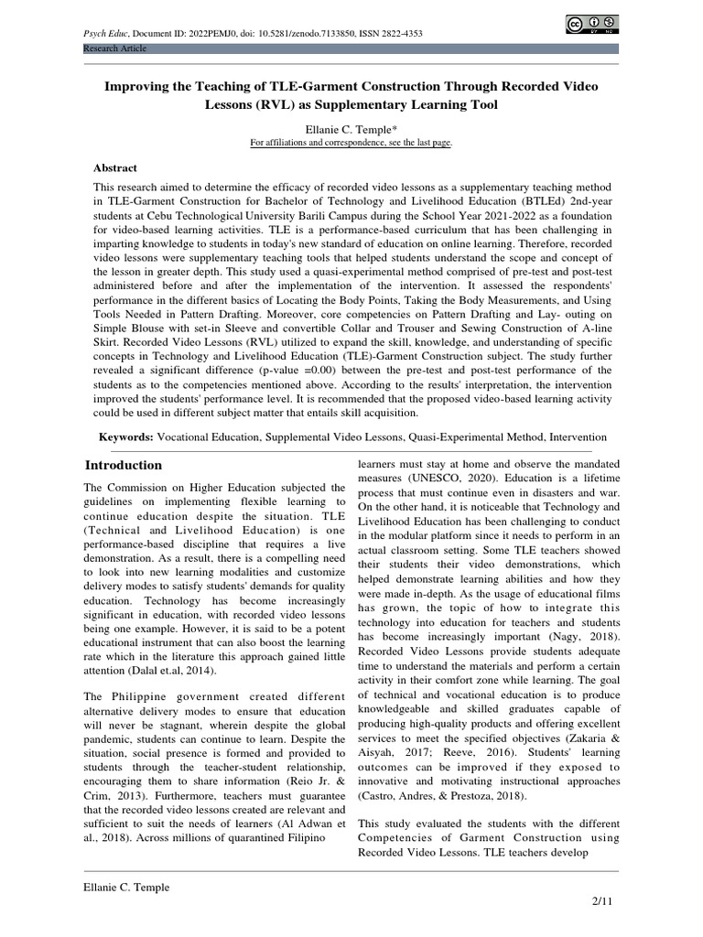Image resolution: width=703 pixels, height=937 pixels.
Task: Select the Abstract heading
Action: [115, 167]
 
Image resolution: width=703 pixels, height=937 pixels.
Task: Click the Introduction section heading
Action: [124, 465]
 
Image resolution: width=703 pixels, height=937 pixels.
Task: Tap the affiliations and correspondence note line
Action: [351, 144]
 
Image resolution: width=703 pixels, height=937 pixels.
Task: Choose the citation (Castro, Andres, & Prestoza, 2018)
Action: [442, 796]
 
